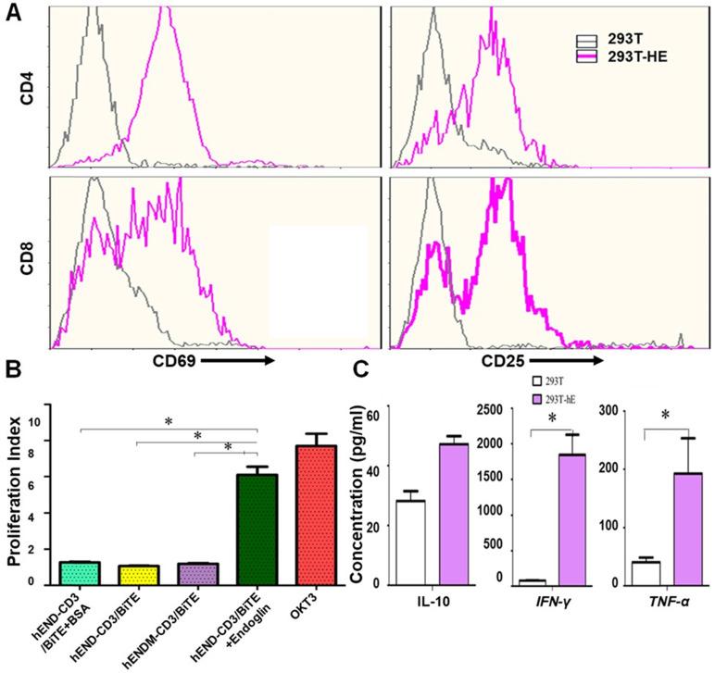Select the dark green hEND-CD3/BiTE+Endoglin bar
coord(257,529)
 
